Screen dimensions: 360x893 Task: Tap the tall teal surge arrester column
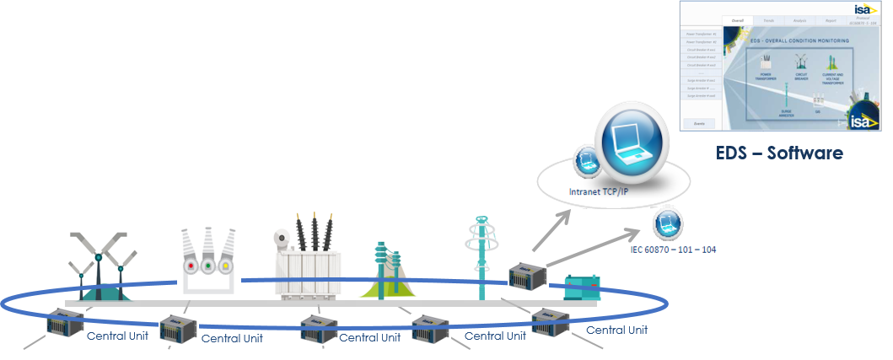click(484, 258)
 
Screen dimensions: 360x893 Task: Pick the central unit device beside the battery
click(528, 277)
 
